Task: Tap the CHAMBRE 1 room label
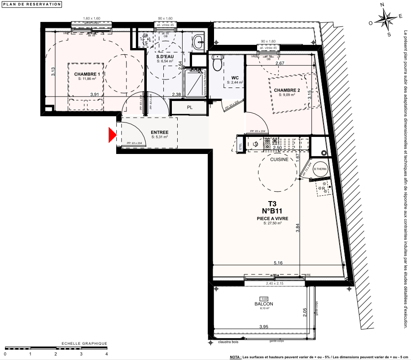coord(87,74)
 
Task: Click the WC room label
coord(235,77)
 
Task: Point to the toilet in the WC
coord(218,64)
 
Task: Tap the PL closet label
coord(189,108)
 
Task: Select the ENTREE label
coord(159,132)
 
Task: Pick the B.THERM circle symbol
coord(320,169)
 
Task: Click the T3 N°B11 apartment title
coord(272,206)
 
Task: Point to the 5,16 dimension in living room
coord(279,263)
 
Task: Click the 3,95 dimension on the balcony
coord(263,328)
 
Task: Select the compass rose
coord(386,19)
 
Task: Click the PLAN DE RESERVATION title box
coord(31,4)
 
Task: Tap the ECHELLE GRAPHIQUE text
coord(84,343)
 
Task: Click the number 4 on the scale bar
coord(106,354)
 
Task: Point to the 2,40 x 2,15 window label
coord(275,284)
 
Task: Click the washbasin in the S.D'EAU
coord(198,43)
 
